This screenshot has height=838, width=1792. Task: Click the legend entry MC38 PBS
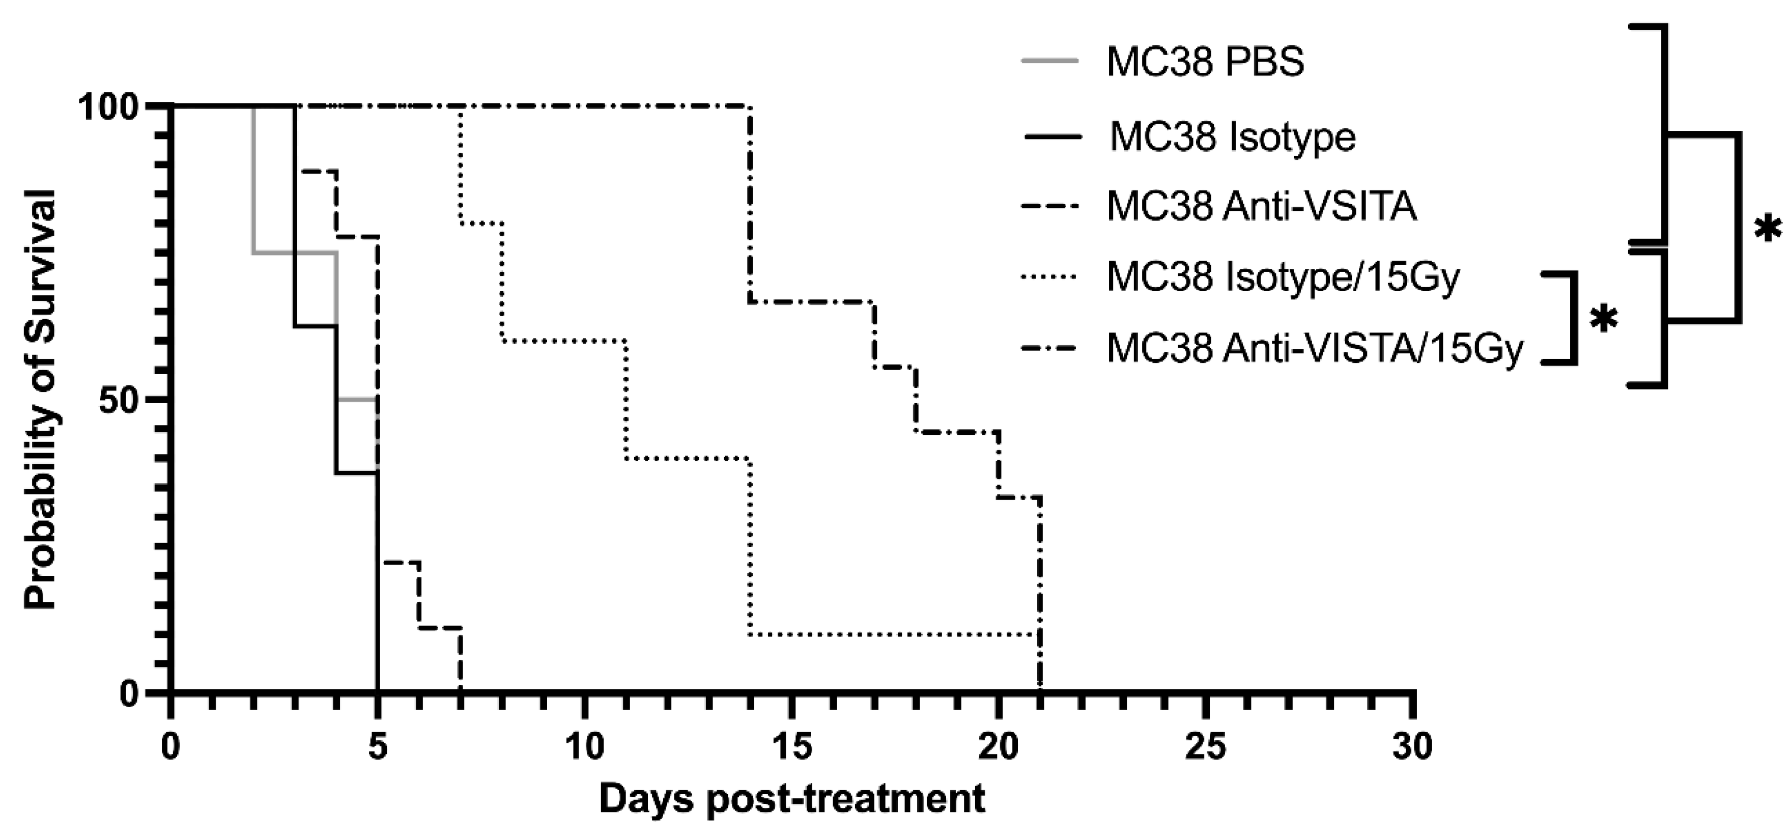pos(1205,62)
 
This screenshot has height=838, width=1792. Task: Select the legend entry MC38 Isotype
pos(1232,136)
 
